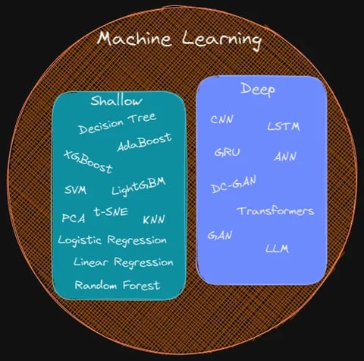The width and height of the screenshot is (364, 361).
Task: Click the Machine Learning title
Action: pyautogui.click(x=179, y=40)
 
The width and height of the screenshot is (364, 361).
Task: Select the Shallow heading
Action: pyautogui.click(x=116, y=100)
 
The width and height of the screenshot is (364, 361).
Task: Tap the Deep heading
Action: pyautogui.click(x=258, y=90)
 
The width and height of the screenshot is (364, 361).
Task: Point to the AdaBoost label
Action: pyautogui.click(x=144, y=142)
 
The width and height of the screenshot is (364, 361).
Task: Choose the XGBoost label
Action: pyautogui.click(x=88, y=162)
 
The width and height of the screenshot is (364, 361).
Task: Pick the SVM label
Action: pyautogui.click(x=75, y=190)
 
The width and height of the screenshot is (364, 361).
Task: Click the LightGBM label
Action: pyautogui.click(x=139, y=186)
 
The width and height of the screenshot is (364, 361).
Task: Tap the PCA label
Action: pyautogui.click(x=74, y=218)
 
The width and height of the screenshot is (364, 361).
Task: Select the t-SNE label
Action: pyautogui.click(x=111, y=211)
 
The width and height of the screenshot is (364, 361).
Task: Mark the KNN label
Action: pyautogui.click(x=154, y=220)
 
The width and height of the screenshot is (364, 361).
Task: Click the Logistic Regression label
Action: pyautogui.click(x=112, y=240)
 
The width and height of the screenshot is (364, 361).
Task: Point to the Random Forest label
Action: pyautogui.click(x=118, y=285)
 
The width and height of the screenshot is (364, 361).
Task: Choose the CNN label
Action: pyautogui.click(x=221, y=119)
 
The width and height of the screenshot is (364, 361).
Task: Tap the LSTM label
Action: pyautogui.click(x=284, y=126)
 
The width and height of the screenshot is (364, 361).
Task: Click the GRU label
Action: pyautogui.click(x=227, y=153)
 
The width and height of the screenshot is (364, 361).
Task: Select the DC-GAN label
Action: pyautogui.click(x=234, y=184)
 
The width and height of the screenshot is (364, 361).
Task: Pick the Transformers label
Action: pyautogui.click(x=275, y=211)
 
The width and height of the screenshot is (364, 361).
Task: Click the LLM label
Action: pyautogui.click(x=277, y=249)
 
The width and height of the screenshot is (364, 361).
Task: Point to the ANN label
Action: pyautogui.click(x=284, y=157)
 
